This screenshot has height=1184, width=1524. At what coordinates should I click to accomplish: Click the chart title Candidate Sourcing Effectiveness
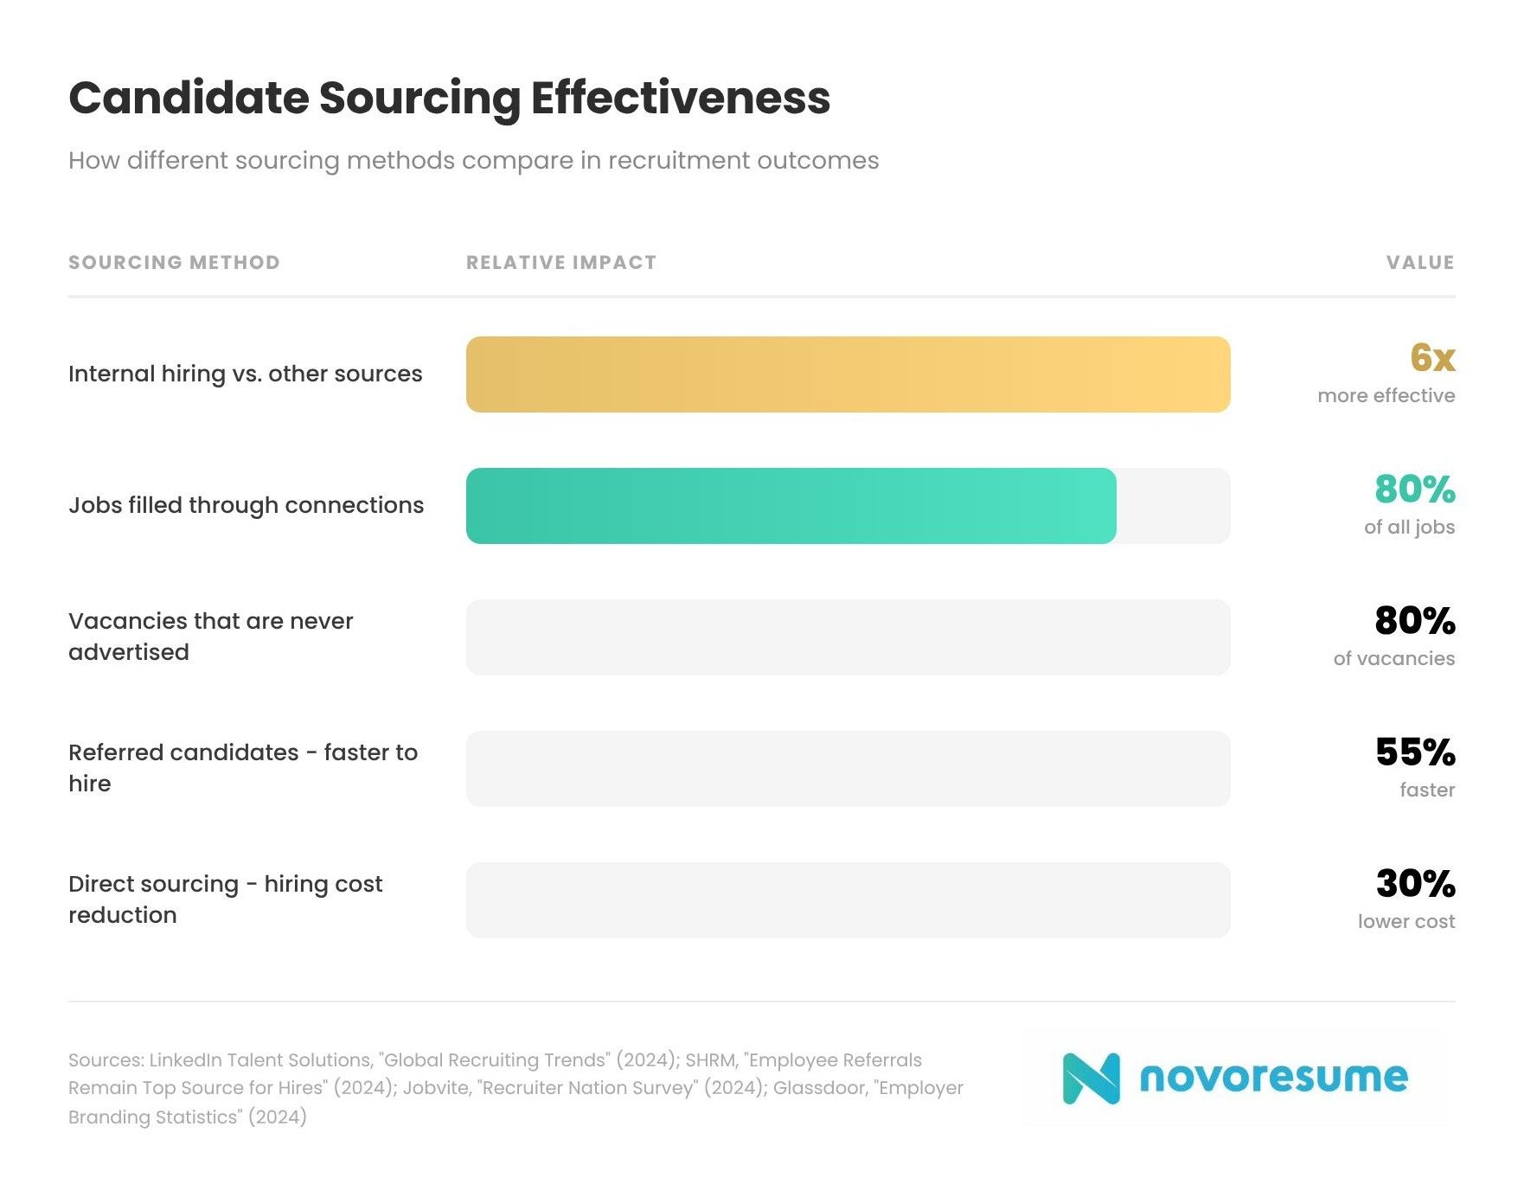point(449,98)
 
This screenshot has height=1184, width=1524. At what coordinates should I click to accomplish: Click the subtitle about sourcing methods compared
point(473,161)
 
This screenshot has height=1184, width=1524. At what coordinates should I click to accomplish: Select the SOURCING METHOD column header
point(174,262)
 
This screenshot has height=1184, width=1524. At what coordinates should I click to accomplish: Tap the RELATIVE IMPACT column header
point(561,262)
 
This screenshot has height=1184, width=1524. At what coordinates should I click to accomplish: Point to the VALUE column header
point(1419,262)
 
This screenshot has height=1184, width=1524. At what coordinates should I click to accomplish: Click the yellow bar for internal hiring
point(848,374)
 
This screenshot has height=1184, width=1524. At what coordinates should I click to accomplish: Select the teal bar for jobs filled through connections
point(791,506)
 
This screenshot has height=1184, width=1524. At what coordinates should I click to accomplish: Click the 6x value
point(1431,357)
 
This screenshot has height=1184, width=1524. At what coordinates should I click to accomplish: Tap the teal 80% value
point(1414,489)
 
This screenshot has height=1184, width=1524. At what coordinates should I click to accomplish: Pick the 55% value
point(1414,752)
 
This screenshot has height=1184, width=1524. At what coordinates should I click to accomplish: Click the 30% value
point(1415,883)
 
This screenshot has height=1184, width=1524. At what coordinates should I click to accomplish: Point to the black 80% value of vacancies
point(1414,620)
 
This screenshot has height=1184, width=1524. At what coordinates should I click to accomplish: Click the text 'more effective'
point(1386,395)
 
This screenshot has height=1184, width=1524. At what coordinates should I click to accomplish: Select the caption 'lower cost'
point(1406,921)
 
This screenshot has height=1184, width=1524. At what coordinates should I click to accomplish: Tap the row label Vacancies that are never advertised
point(210,637)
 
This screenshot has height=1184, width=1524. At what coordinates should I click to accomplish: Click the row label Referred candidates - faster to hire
point(242,768)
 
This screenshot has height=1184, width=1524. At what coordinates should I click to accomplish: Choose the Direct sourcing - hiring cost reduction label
point(225,899)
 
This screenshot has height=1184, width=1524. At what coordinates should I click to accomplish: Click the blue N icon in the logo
point(1091,1078)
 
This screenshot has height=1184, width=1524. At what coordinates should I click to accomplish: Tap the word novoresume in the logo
point(1273,1078)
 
